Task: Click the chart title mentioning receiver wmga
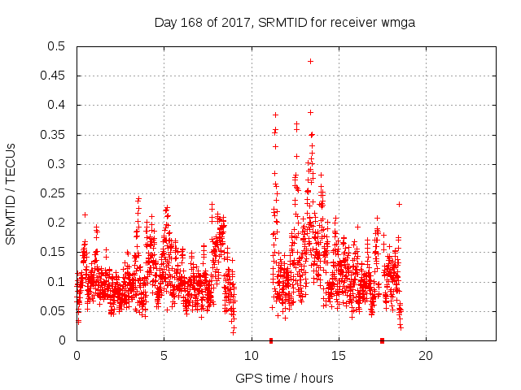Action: pyautogui.click(x=285, y=22)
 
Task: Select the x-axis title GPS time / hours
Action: pyautogui.click(x=284, y=378)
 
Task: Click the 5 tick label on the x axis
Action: pyautogui.click(x=164, y=356)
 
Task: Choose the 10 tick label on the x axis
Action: pyautogui.click(x=251, y=356)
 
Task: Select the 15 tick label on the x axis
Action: pyautogui.click(x=338, y=356)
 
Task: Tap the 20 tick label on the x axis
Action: pyautogui.click(x=425, y=356)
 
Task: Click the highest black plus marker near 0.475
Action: pyautogui.click(x=310, y=61)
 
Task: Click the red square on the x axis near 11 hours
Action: pyautogui.click(x=271, y=340)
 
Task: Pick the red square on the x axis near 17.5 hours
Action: pyautogui.click(x=382, y=340)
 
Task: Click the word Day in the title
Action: pyautogui.click(x=165, y=22)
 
